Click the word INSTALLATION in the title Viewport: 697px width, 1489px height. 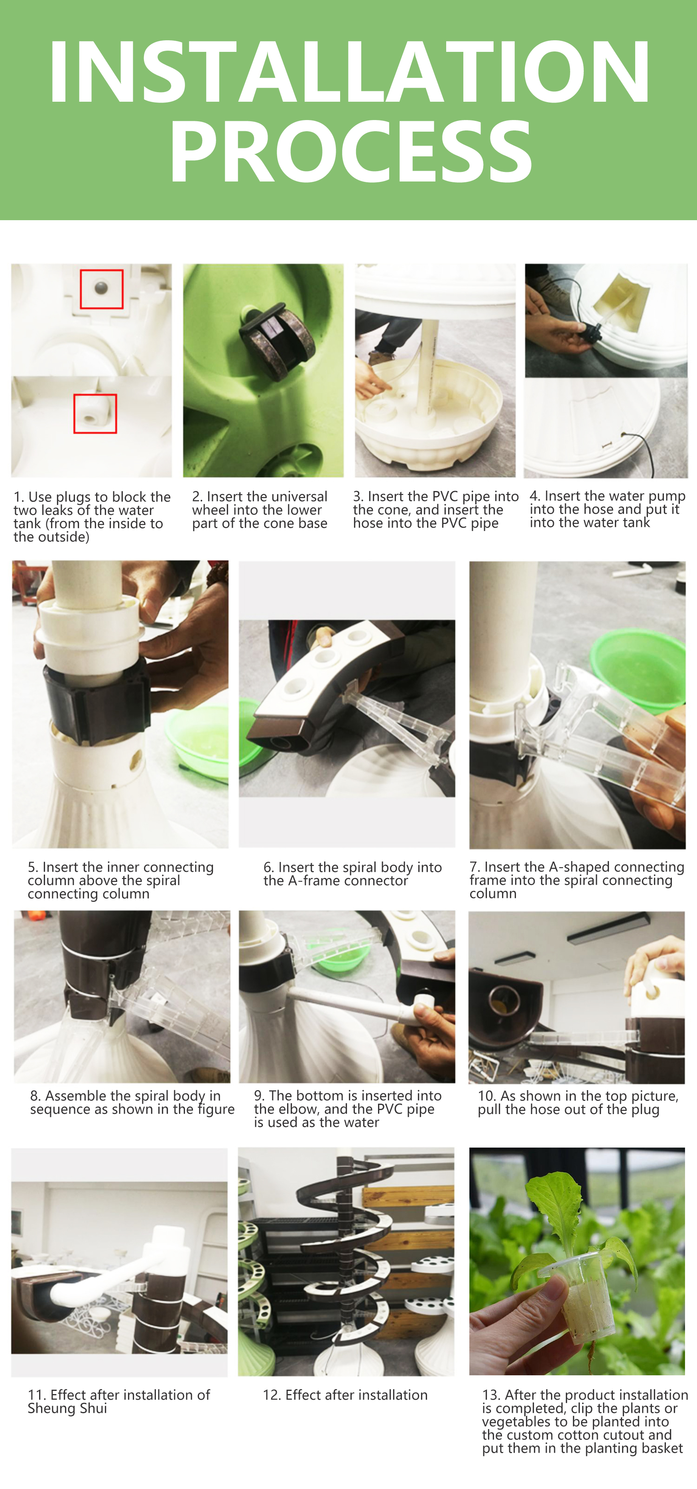click(349, 72)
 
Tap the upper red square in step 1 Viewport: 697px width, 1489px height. click(102, 289)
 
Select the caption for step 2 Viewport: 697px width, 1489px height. click(260, 510)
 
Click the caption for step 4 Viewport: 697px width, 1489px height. click(607, 509)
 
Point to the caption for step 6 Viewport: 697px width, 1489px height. click(352, 874)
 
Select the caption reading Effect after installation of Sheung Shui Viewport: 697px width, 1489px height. click(118, 1401)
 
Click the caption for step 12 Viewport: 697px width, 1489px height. click(345, 1395)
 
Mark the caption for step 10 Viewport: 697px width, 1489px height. click(578, 1102)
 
